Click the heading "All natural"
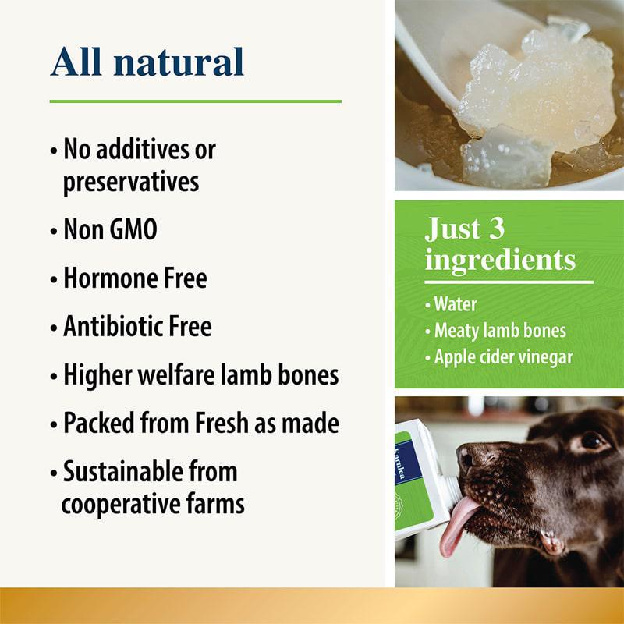click(147, 62)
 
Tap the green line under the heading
click(195, 101)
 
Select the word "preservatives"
click(130, 182)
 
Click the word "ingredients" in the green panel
click(500, 259)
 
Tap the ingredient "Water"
click(455, 303)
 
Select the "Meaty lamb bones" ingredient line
click(499, 330)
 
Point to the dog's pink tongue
click(459, 526)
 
